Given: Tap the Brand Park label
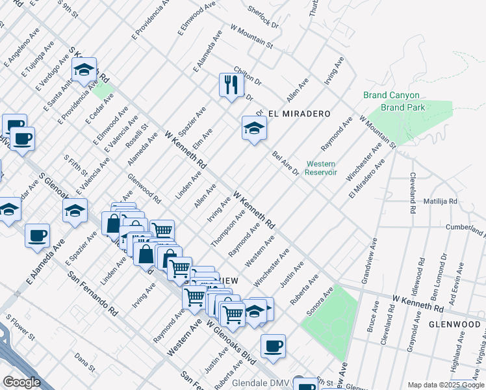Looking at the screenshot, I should click(x=403, y=107).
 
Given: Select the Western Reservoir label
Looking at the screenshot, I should click(x=321, y=168).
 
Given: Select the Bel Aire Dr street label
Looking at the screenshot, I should click(x=285, y=163).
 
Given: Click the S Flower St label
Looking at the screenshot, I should click(x=20, y=328).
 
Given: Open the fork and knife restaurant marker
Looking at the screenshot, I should click(x=231, y=84).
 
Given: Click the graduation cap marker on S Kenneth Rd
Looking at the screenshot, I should click(x=84, y=70).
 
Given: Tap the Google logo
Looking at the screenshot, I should click(x=21, y=382).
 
